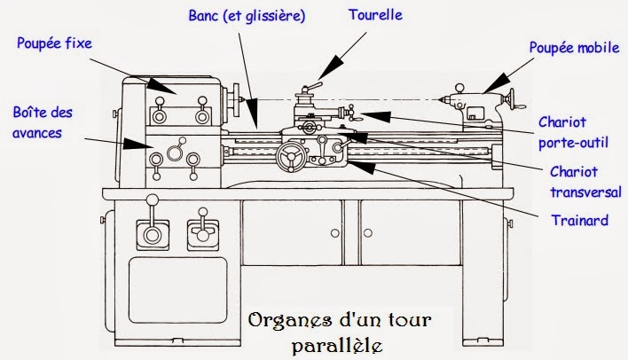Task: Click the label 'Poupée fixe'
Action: point(54,41)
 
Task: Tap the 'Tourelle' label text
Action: point(375,15)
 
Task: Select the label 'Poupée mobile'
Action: point(574,48)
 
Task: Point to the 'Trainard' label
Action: point(579,220)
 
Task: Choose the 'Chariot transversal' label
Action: point(585,181)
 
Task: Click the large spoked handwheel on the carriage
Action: point(289,158)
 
